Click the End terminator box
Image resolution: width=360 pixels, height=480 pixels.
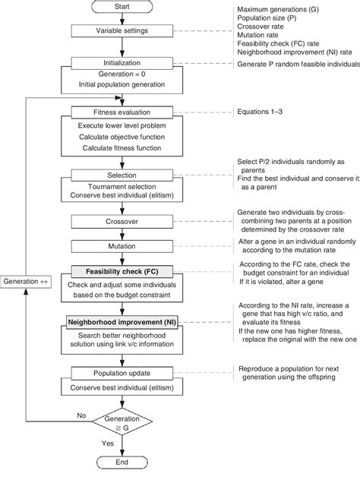(x=122, y=463)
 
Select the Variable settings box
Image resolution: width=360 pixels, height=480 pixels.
(x=123, y=32)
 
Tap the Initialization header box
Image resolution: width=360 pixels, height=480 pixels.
(x=123, y=65)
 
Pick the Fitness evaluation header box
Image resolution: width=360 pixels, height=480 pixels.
(x=123, y=112)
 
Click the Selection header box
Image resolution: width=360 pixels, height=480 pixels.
(x=123, y=175)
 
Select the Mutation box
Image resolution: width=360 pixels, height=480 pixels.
(x=123, y=247)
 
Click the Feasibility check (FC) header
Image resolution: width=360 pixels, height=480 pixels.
(x=123, y=270)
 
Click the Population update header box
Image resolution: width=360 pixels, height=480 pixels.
(x=123, y=374)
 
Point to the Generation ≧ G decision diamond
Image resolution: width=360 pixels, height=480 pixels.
(x=122, y=422)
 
